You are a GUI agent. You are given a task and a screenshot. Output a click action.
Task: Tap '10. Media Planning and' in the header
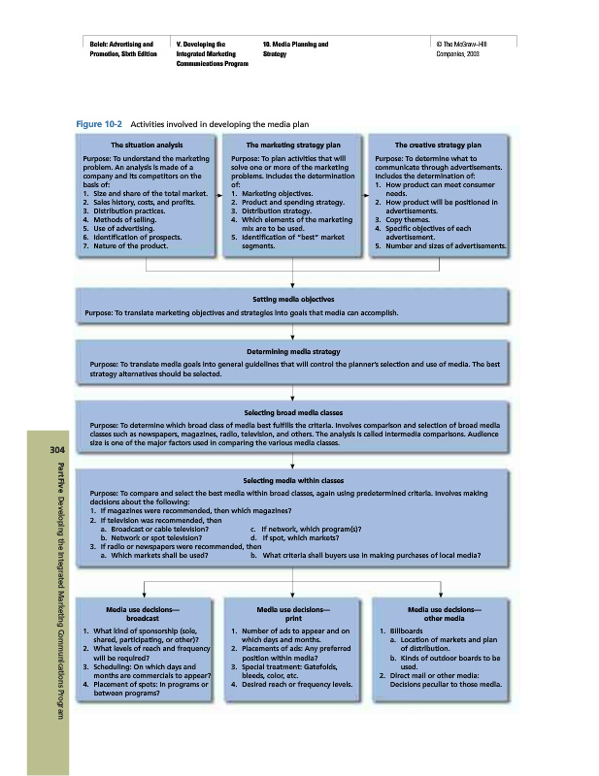(x=295, y=45)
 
